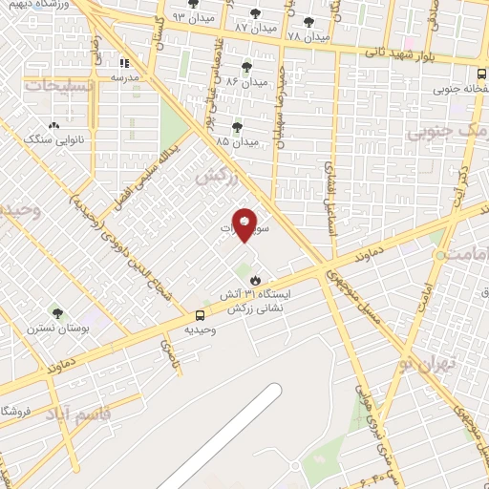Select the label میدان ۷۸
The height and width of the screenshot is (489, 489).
(307, 36)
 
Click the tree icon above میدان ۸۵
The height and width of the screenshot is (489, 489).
(237, 127)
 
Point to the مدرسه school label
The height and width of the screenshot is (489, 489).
(125, 75)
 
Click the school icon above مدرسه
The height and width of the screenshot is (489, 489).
(124, 63)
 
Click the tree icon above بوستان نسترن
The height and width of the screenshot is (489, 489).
(57, 313)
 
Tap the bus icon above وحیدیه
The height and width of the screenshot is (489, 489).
(201, 315)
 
